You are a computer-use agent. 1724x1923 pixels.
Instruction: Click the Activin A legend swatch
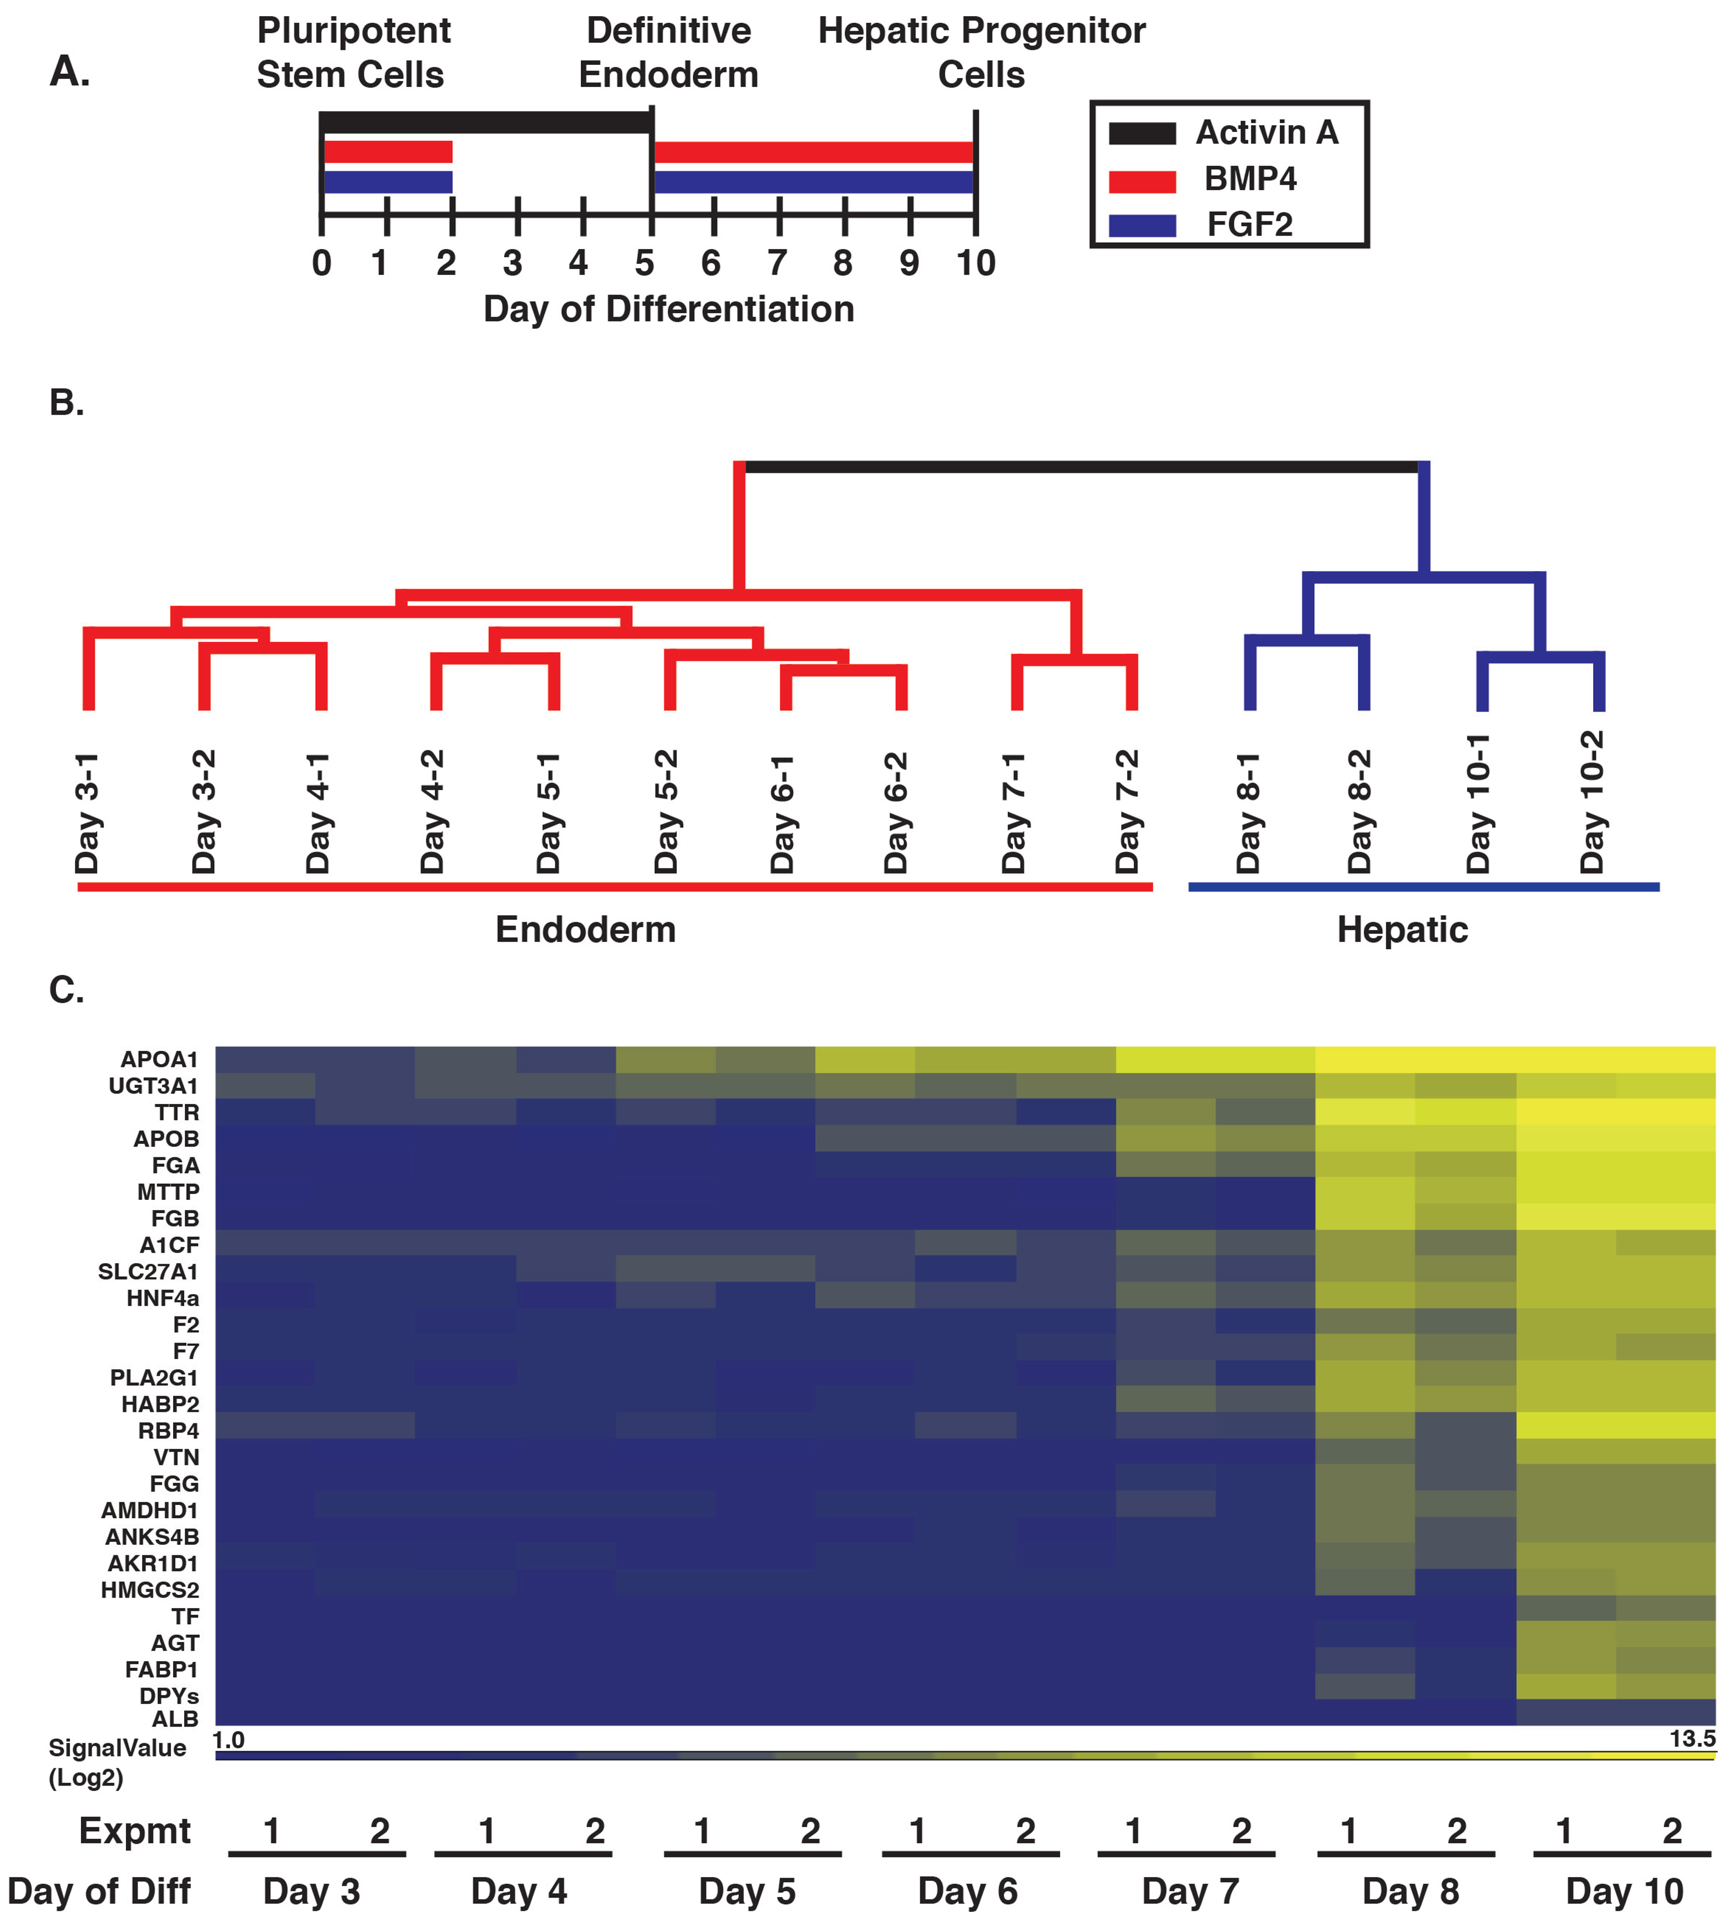1142,134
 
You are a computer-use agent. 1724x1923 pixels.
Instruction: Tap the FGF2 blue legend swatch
1142,225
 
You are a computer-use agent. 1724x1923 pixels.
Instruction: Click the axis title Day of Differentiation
669,309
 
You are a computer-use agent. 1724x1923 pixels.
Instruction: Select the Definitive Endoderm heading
669,53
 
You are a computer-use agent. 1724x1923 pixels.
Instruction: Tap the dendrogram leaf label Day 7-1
1015,812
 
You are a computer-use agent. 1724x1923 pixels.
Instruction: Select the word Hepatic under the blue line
1402,930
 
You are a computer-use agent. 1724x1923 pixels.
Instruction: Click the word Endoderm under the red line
585,930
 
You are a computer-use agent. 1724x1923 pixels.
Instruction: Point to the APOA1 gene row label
159,1060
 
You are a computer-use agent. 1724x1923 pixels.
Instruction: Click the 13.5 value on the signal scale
1692,1738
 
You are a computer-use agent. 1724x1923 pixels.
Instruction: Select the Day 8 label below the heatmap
1411,1891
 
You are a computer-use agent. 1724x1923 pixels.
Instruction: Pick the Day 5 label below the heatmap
747,1891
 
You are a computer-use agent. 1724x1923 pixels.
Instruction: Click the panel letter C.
67,990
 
